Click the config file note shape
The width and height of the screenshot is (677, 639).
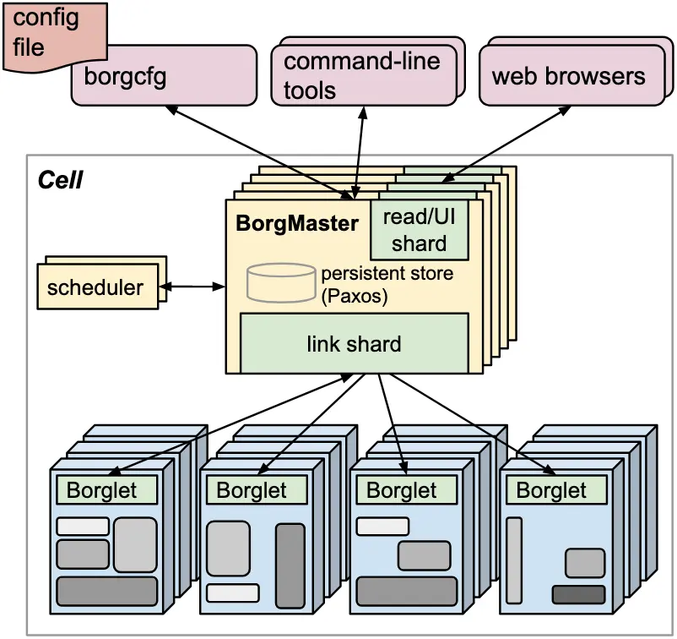[55, 35]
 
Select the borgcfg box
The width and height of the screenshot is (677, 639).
[164, 75]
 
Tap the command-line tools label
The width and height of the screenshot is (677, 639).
[362, 76]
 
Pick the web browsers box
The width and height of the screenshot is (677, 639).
[572, 75]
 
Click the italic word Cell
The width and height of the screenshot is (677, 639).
[60, 180]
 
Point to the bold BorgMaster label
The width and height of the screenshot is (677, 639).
[297, 223]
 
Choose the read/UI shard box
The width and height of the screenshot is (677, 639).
[420, 230]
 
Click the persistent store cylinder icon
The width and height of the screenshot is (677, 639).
[281, 282]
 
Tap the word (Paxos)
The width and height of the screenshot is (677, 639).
[354, 296]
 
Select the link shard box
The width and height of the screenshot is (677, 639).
[354, 343]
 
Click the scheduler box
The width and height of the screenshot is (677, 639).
[98, 287]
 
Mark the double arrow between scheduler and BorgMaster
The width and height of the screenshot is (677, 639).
[192, 287]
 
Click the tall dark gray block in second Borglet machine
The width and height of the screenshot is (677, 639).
[290, 566]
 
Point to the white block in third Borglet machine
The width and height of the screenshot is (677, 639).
[382, 526]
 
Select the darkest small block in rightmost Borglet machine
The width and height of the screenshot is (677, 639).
[578, 594]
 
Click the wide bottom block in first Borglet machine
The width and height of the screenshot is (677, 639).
[107, 591]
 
